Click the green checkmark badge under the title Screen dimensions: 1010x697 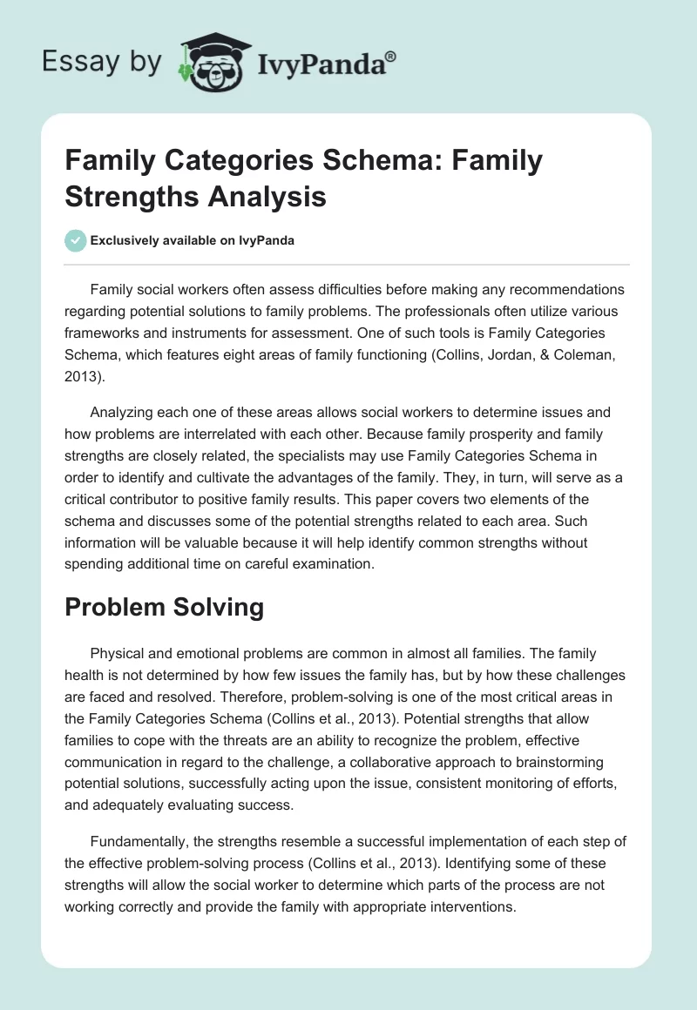pos(76,240)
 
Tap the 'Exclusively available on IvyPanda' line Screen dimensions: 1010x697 pos(193,241)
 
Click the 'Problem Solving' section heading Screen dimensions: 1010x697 pos(165,607)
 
